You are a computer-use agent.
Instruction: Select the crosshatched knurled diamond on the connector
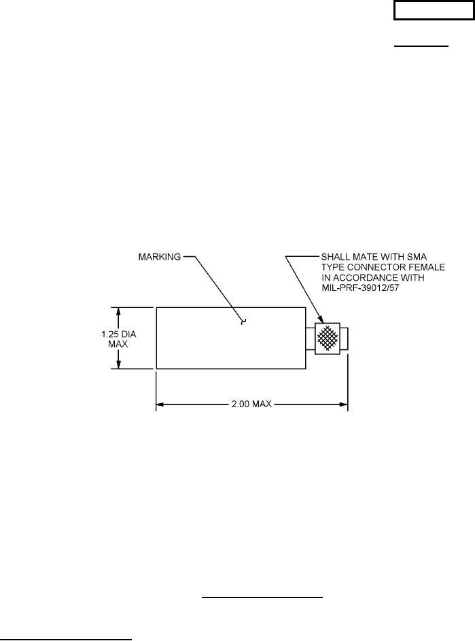coord(329,338)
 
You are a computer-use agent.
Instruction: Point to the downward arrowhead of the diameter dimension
coord(119,365)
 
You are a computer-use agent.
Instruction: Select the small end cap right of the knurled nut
coord(344,338)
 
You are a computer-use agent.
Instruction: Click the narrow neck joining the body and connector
coord(310,338)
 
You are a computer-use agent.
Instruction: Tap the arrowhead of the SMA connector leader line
coord(322,319)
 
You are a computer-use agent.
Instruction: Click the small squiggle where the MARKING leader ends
coord(243,321)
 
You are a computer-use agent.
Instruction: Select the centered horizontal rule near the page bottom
coord(262,599)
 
